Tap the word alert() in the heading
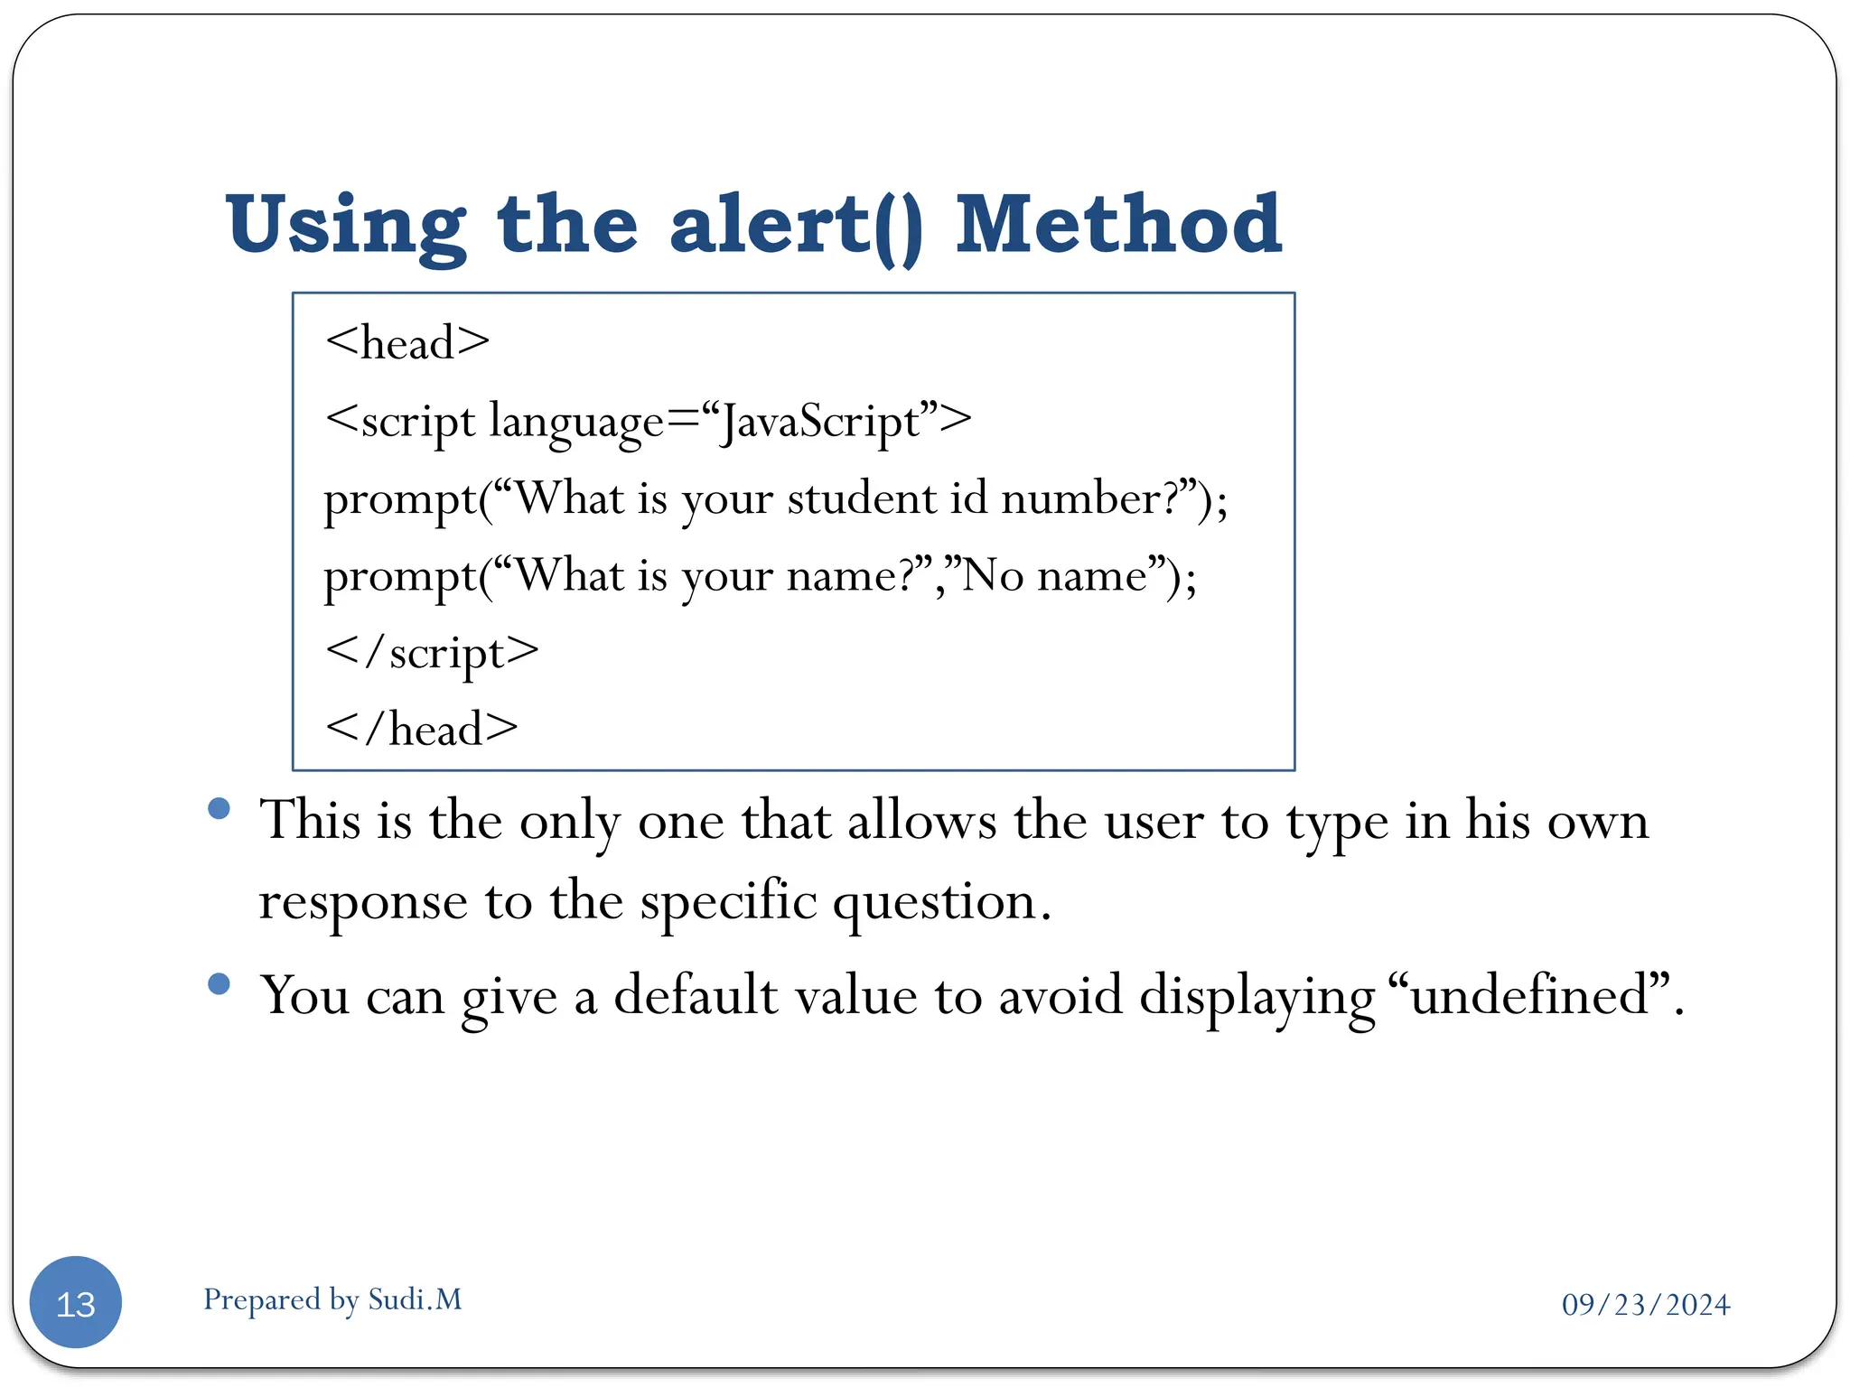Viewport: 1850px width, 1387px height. pos(796,226)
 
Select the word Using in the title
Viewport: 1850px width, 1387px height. pos(345,226)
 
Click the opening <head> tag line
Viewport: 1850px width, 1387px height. pos(406,343)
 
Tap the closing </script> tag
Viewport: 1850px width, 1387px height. pos(432,652)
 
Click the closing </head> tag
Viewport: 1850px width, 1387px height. pos(421,729)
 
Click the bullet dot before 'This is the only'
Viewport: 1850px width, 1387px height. pos(219,807)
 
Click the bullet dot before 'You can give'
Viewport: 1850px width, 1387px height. pos(219,983)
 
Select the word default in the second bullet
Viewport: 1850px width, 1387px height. pos(696,996)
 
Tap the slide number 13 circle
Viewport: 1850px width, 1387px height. pos(76,1302)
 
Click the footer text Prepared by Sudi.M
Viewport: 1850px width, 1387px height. pos(332,1299)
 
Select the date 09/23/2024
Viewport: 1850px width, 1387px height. pos(1645,1305)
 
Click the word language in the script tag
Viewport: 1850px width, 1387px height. pos(576,423)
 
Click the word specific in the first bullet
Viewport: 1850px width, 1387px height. pos(728,901)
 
